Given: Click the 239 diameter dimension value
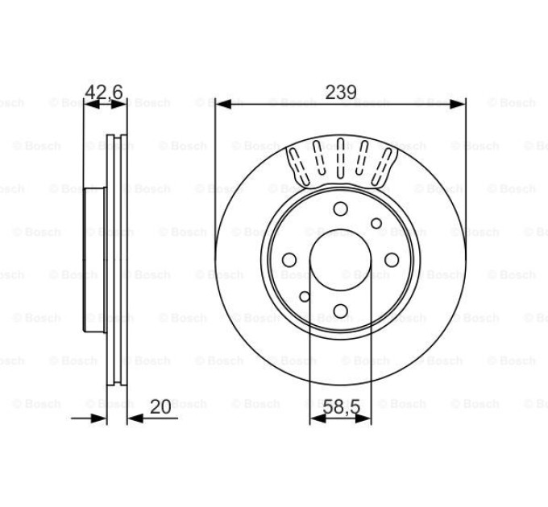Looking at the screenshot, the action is pyautogui.click(x=341, y=92).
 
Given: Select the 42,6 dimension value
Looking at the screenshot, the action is pyautogui.click(x=104, y=92).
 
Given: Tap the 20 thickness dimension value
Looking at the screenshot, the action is pyautogui.click(x=160, y=406).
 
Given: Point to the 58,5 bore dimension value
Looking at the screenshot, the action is pyautogui.click(x=341, y=407).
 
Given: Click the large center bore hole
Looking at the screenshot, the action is pyautogui.click(x=340, y=260).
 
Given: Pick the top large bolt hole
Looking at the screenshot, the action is pyautogui.click(x=340, y=209).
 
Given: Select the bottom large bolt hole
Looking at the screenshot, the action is pyautogui.click(x=340, y=311).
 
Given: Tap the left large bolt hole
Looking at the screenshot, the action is pyautogui.click(x=289, y=260).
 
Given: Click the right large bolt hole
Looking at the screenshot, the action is pyautogui.click(x=392, y=260).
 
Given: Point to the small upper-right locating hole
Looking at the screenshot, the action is pyautogui.click(x=376, y=223).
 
